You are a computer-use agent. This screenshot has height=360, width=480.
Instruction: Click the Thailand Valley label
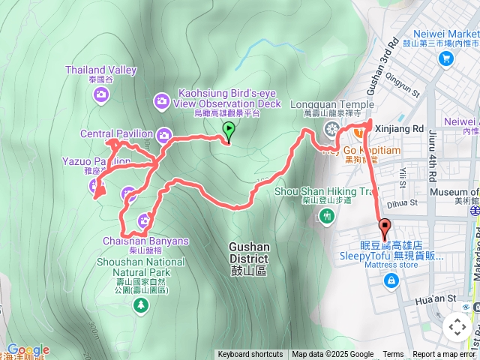click(x=100, y=70)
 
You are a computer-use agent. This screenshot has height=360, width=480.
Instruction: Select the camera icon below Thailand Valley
click(x=101, y=94)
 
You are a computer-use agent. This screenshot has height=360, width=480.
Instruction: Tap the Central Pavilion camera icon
click(x=165, y=135)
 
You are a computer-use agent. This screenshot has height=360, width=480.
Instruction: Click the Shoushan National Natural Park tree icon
click(x=140, y=304)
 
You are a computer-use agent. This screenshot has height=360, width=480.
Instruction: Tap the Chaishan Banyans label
click(x=145, y=241)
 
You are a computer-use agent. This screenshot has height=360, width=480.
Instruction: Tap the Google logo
click(x=28, y=350)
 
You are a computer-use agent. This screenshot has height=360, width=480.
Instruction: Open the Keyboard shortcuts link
click(x=250, y=355)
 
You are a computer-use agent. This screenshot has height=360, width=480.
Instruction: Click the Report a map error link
click(x=444, y=355)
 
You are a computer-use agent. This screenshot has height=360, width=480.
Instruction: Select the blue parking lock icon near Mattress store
click(x=391, y=281)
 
